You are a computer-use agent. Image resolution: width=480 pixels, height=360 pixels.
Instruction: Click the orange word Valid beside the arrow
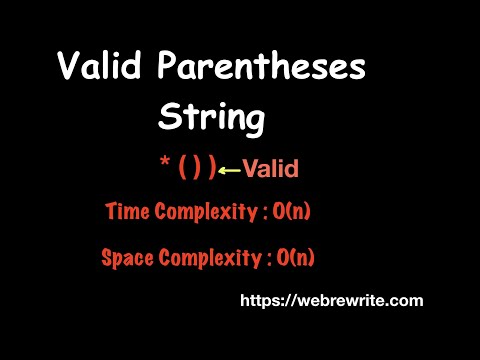(x=270, y=169)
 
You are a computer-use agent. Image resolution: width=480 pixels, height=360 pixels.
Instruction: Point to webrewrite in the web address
(x=351, y=300)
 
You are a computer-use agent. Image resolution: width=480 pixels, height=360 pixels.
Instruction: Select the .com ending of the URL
(x=406, y=300)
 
